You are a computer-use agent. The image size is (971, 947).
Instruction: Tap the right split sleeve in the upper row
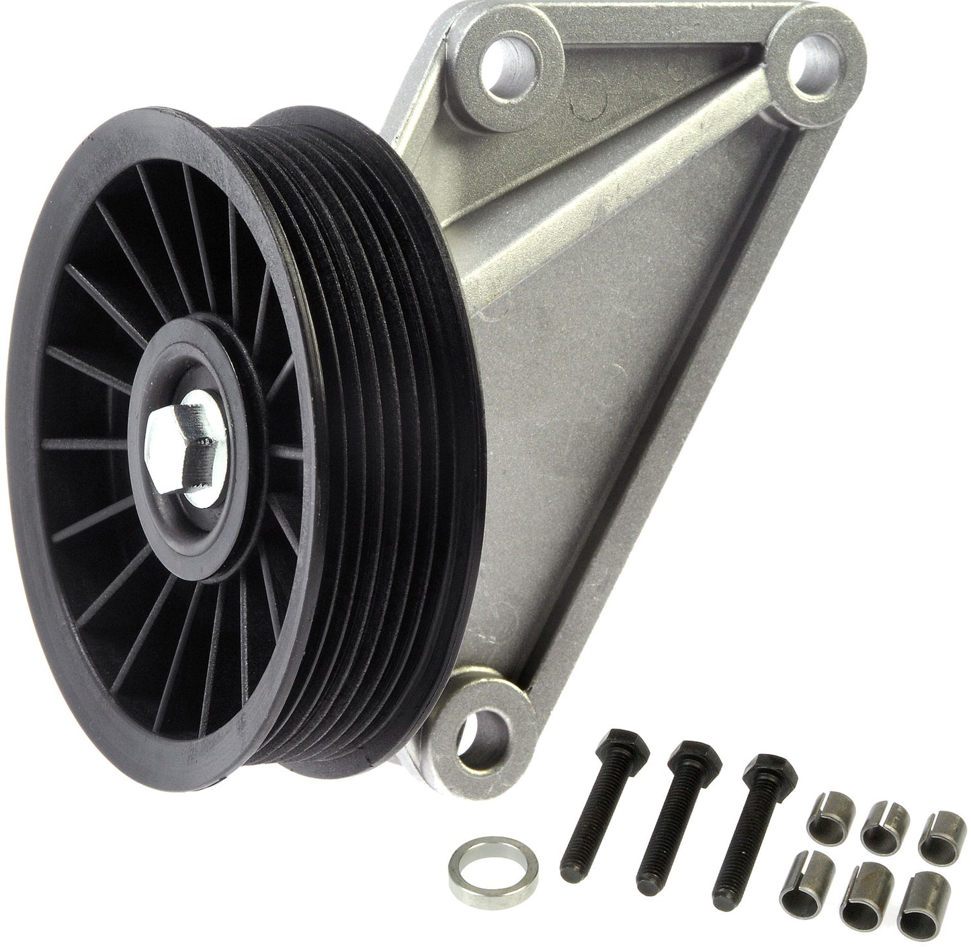point(933,831)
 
